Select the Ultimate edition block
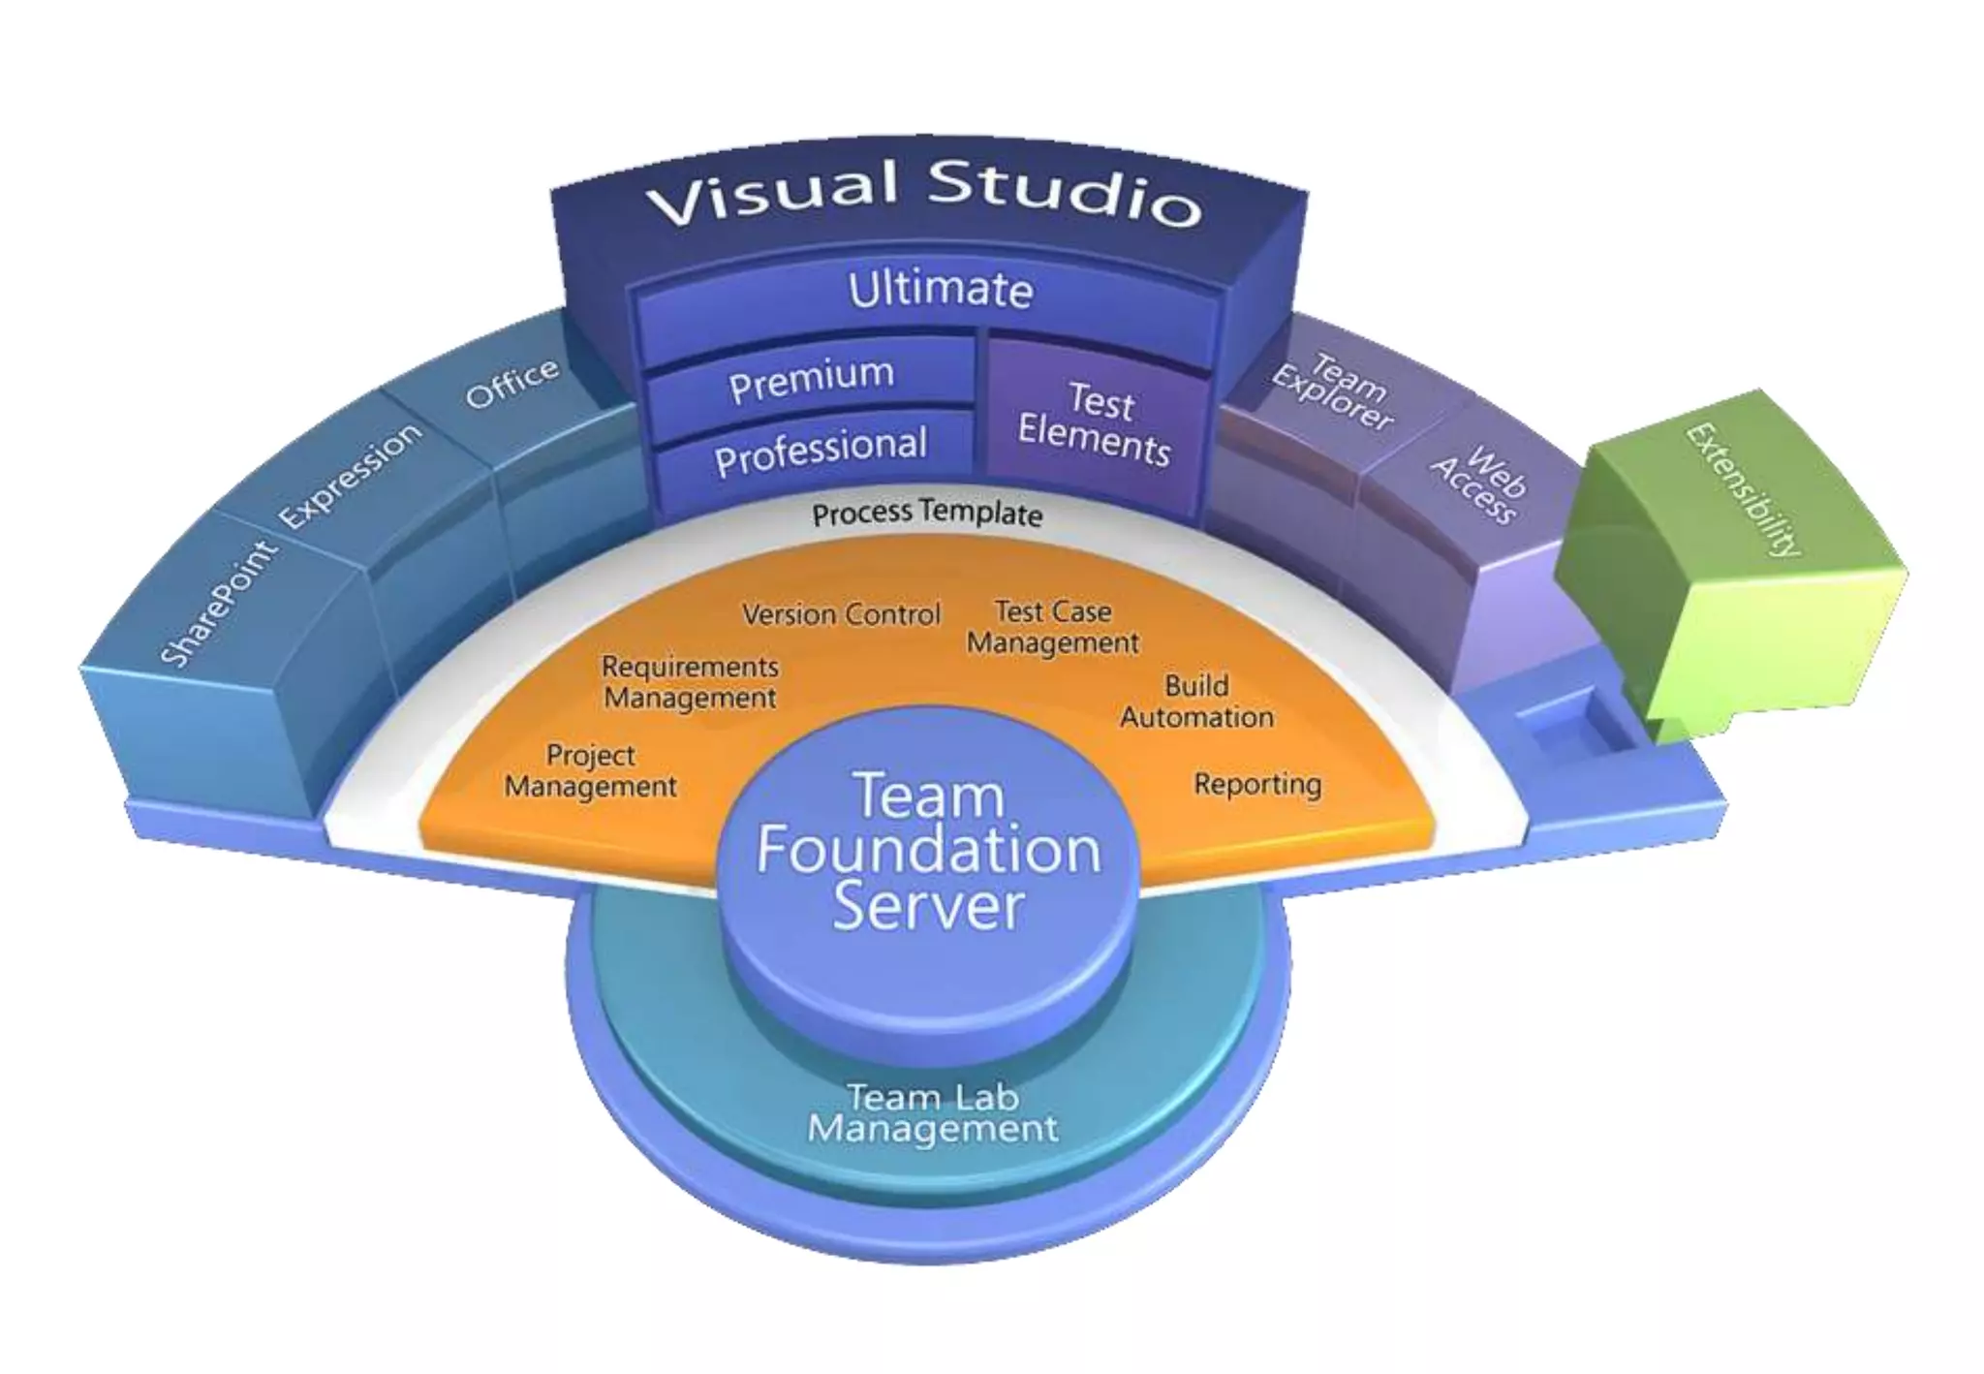[940, 292]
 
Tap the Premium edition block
[811, 380]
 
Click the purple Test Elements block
[1095, 424]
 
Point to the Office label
[511, 383]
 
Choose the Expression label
[351, 475]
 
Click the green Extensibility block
[1734, 562]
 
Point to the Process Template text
[927, 513]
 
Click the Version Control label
[841, 614]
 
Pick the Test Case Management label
[1053, 627]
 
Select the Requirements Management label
[690, 682]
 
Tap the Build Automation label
[1196, 702]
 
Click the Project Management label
[590, 770]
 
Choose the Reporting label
[1257, 784]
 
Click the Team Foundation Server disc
[928, 853]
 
